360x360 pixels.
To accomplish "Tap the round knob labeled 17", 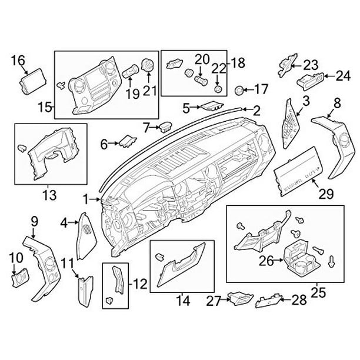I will point(239,90).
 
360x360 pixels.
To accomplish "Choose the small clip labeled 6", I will point(126,141).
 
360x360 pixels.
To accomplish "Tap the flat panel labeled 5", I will point(210,106).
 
